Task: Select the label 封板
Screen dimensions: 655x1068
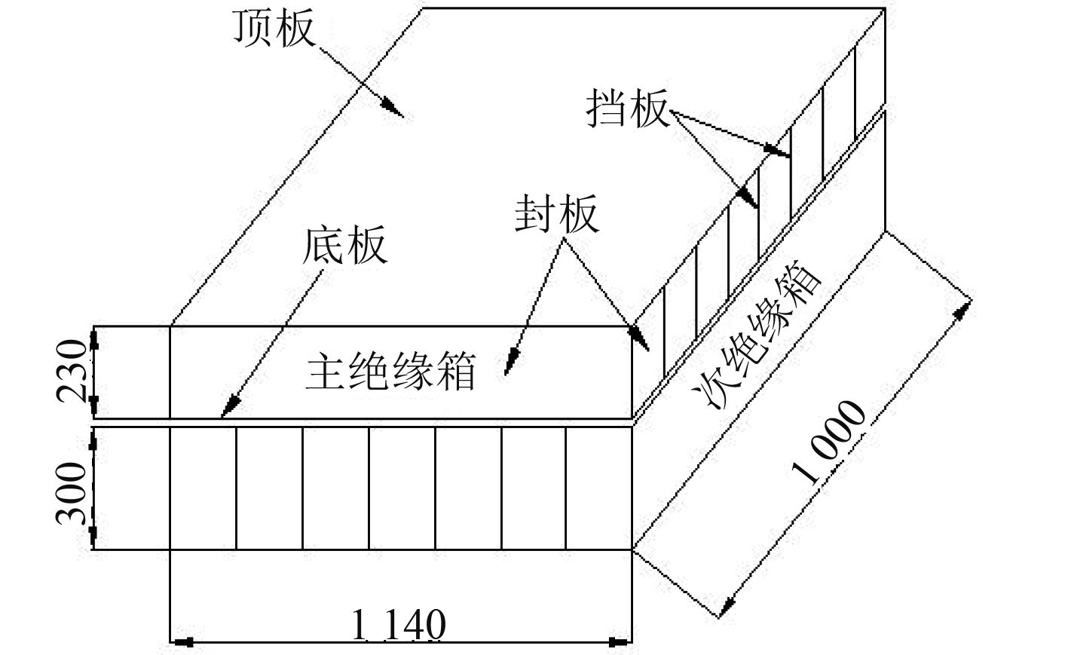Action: coord(557,215)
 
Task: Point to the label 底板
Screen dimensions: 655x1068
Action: coord(346,245)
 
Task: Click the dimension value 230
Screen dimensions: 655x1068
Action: coord(72,372)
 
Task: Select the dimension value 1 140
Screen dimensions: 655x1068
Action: coord(399,625)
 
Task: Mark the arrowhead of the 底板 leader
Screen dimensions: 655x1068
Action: coord(225,410)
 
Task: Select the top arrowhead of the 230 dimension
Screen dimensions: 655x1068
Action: coord(94,336)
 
